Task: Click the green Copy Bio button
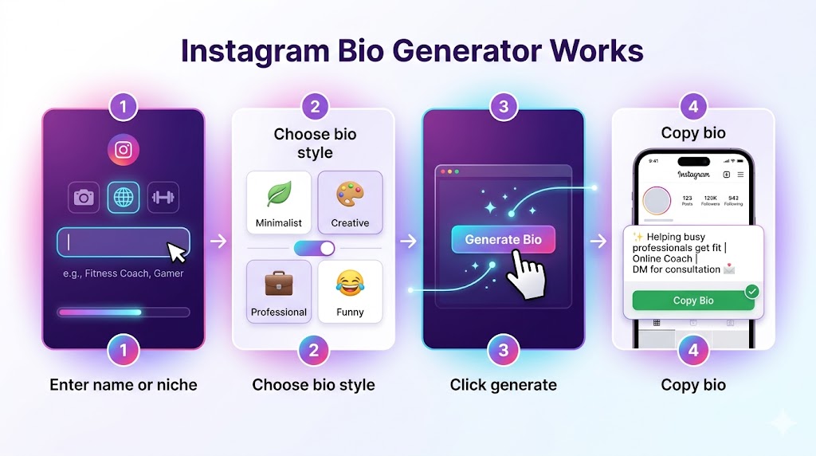692,301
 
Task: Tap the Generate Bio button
503,239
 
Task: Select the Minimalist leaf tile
278,202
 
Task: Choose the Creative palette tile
350,202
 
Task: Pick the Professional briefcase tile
278,291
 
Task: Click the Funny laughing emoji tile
350,291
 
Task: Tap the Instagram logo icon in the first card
123,149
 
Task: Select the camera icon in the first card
84,197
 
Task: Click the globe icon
123,197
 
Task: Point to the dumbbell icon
163,197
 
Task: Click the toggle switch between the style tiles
314,248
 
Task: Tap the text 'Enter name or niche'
123,384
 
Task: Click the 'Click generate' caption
503,384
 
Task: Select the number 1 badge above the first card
123,106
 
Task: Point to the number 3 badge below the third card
503,349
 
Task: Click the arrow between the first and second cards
218,240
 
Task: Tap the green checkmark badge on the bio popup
751,292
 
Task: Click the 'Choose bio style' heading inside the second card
314,142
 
